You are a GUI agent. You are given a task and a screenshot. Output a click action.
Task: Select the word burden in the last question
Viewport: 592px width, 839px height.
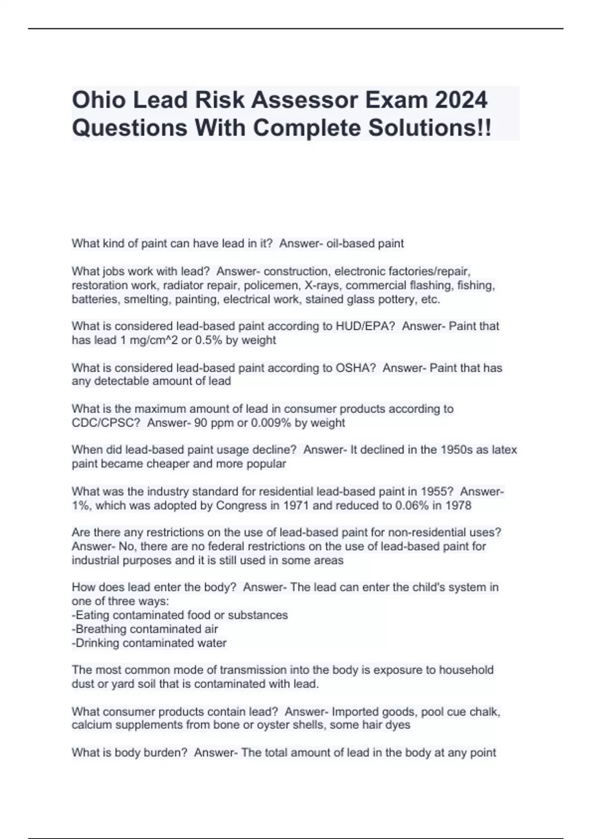click(x=167, y=753)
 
